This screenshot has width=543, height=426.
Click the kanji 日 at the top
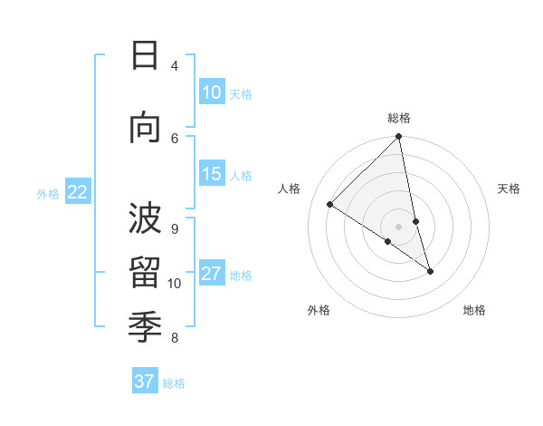145,56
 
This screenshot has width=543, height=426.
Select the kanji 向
145,129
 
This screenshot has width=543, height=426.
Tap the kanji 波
145,218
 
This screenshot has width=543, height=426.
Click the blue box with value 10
212,92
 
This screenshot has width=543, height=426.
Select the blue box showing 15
212,174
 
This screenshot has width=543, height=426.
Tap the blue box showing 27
212,274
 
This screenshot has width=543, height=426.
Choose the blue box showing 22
78,191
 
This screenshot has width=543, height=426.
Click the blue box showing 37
145,382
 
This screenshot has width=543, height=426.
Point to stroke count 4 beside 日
175,66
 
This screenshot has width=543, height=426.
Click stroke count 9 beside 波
175,228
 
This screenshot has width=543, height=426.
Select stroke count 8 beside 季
175,338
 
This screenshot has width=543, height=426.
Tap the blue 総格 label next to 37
174,383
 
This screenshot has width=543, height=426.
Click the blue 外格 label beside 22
48,193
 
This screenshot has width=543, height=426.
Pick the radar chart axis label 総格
399,118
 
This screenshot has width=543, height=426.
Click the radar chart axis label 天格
510,189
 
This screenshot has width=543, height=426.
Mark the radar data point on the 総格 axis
399,137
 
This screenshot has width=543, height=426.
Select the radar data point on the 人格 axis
330,205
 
